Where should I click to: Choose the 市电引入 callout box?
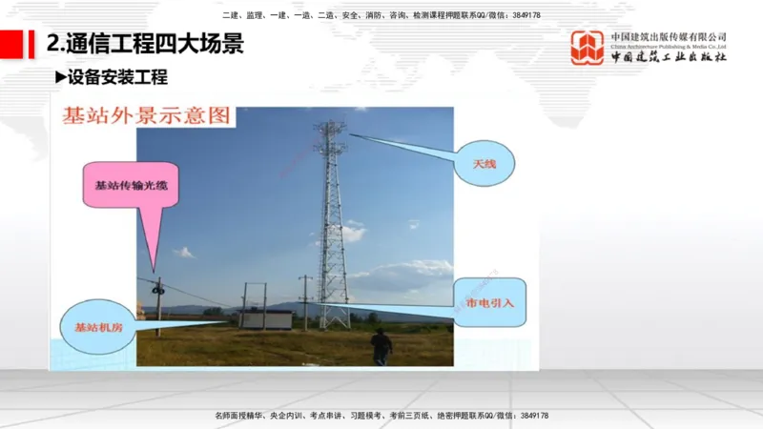click(x=489, y=302)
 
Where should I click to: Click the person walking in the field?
click(x=381, y=346)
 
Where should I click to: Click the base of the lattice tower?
click(x=334, y=319)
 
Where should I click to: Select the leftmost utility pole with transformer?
click(x=158, y=300)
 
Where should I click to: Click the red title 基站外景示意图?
click(x=145, y=116)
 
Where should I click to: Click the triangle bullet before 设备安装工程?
click(x=60, y=77)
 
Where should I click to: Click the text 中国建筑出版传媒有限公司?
click(x=669, y=36)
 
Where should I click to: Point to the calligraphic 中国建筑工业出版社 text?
click(x=669, y=57)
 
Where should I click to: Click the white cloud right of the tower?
click(x=354, y=232)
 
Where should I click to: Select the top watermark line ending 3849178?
click(x=381, y=15)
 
